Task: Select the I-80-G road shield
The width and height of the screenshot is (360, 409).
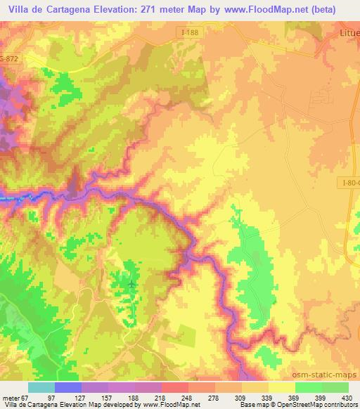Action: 349,183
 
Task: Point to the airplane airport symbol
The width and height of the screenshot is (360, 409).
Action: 133,283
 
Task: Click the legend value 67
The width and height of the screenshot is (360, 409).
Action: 27,398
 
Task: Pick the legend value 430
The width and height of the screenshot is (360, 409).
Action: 347,398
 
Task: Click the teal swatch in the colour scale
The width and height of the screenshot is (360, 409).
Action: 41,387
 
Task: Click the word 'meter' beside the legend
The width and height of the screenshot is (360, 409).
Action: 10,398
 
